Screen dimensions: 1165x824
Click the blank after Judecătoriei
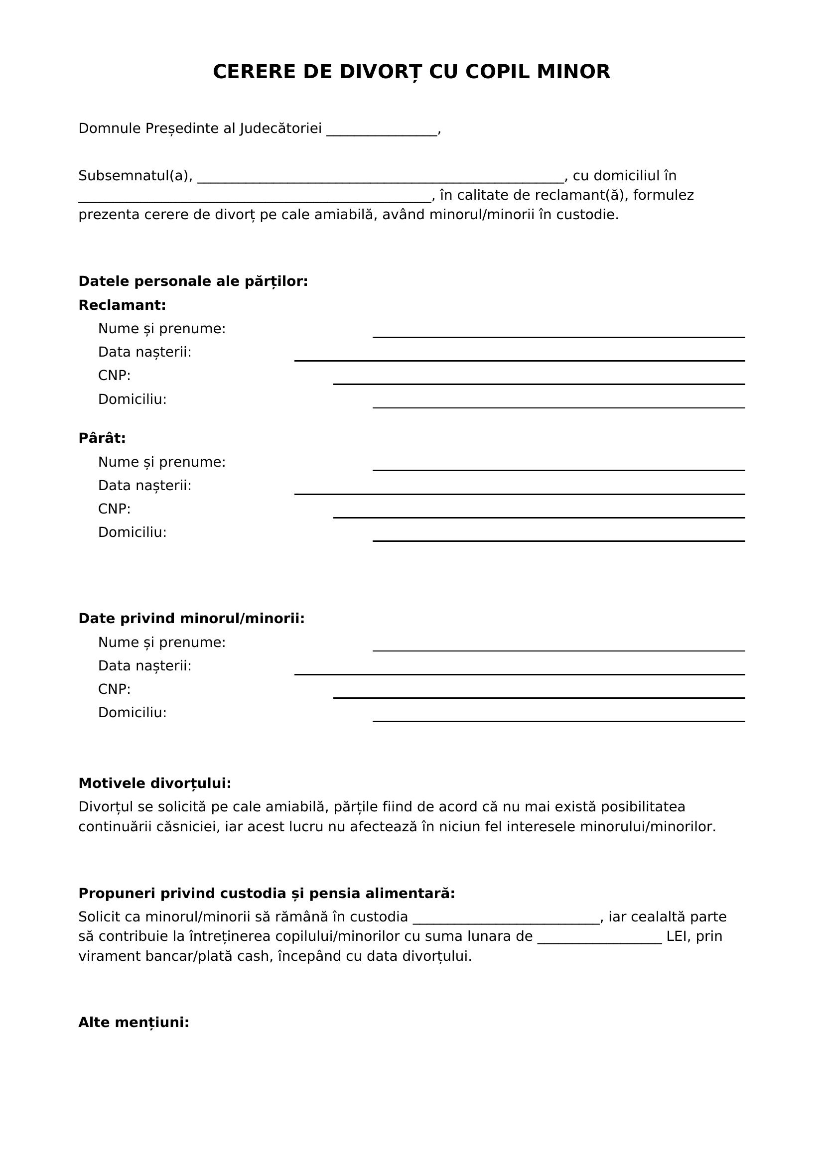pyautogui.click(x=382, y=131)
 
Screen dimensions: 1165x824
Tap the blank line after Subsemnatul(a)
pyautogui.click(x=380, y=178)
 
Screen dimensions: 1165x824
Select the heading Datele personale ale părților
pyautogui.click(x=193, y=281)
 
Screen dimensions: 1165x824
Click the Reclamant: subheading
pyautogui.click(x=122, y=305)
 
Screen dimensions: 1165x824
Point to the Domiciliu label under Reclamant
pyautogui.click(x=132, y=399)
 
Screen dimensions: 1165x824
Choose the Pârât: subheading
pyautogui.click(x=102, y=438)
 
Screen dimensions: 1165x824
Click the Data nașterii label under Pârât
pyautogui.click(x=144, y=486)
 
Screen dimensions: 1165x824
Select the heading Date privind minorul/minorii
pyautogui.click(x=191, y=619)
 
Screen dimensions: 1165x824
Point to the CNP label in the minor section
pyautogui.click(x=114, y=689)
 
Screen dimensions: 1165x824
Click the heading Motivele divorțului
pyautogui.click(x=155, y=783)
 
